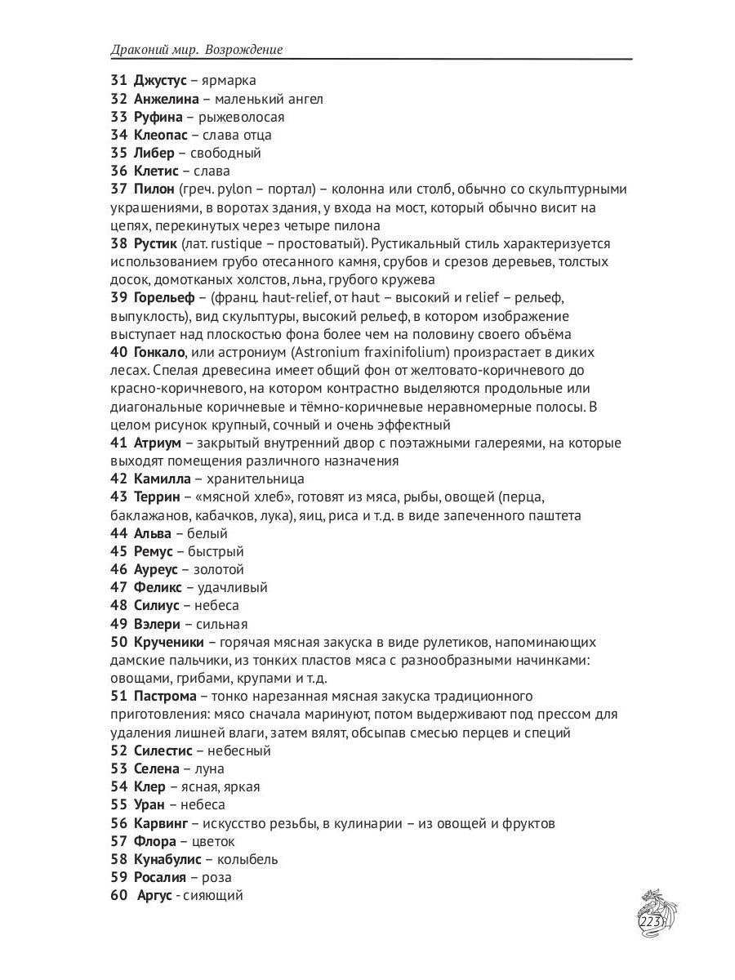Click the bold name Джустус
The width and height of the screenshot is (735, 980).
(x=160, y=81)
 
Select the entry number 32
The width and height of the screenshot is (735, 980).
(x=118, y=99)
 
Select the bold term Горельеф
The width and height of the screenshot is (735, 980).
(x=165, y=298)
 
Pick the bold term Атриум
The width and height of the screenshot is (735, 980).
(x=157, y=443)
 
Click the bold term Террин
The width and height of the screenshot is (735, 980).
(x=157, y=497)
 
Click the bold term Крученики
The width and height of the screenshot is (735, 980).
(x=168, y=642)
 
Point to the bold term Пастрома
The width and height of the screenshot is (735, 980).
(x=165, y=696)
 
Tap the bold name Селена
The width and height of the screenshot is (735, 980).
(x=156, y=768)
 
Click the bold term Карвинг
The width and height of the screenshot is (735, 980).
(x=161, y=823)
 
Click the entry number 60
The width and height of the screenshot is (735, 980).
(x=118, y=896)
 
